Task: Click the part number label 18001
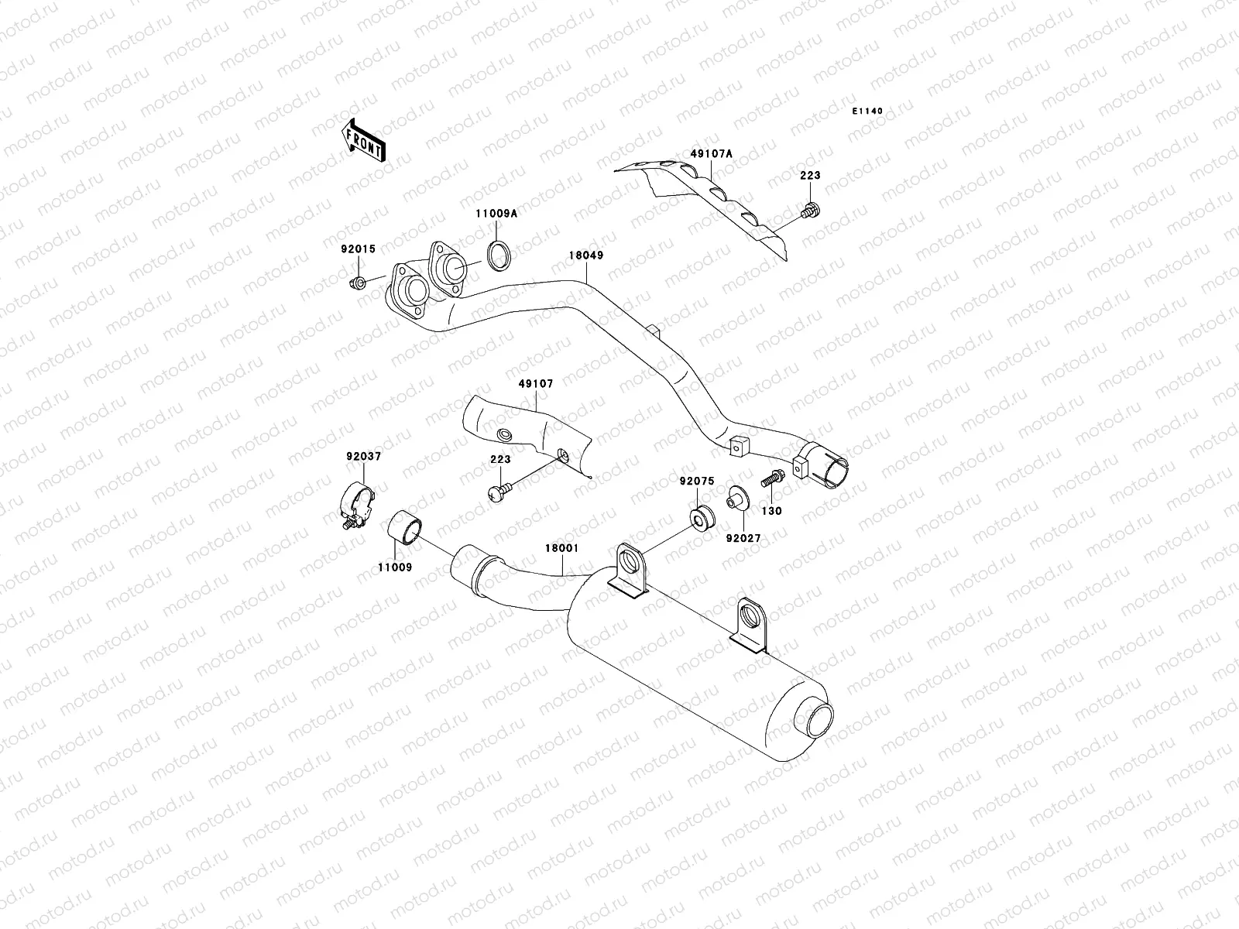(x=563, y=548)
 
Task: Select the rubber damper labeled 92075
(x=701, y=517)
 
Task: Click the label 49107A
(x=711, y=154)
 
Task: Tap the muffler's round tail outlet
(x=819, y=716)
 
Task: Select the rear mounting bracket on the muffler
(x=750, y=623)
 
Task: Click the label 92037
(x=364, y=457)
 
